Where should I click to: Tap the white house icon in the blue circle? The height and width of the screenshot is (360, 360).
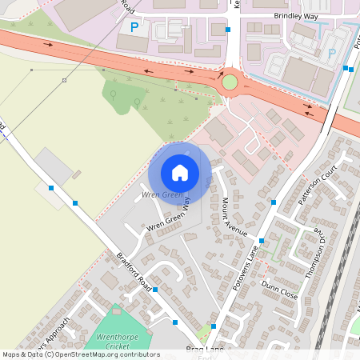click(180, 172)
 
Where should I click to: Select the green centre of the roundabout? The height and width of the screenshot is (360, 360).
click(230, 82)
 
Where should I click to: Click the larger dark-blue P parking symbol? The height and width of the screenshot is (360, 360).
click(134, 27)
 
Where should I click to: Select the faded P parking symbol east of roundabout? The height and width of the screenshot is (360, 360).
click(331, 54)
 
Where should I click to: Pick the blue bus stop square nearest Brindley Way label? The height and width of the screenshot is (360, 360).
click(229, 30)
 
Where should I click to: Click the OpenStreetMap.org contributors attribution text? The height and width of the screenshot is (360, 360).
click(104, 354)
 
